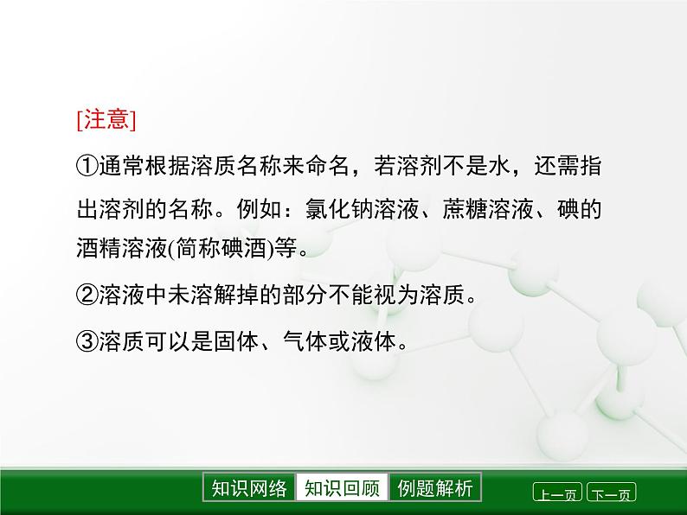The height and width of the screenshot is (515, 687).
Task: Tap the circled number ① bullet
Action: [87, 166]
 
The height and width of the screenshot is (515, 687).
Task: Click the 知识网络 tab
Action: [249, 488]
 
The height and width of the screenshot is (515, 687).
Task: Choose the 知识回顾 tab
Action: [342, 488]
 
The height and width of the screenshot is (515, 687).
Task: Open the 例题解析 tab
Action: [435, 488]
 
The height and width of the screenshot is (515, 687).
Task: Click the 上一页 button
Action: [557, 494]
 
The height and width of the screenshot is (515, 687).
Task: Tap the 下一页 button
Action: [611, 494]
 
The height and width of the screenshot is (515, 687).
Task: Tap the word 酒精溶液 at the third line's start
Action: [119, 250]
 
